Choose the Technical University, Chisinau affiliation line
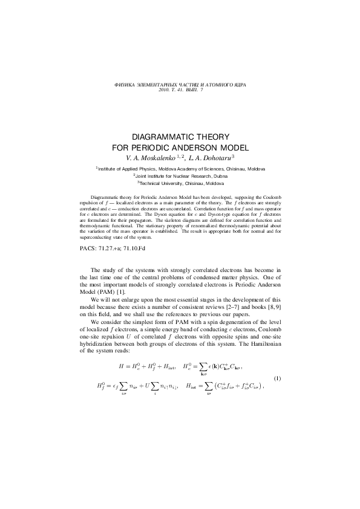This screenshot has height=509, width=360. tap(182, 183)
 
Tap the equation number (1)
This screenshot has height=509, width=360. tap(278, 378)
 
